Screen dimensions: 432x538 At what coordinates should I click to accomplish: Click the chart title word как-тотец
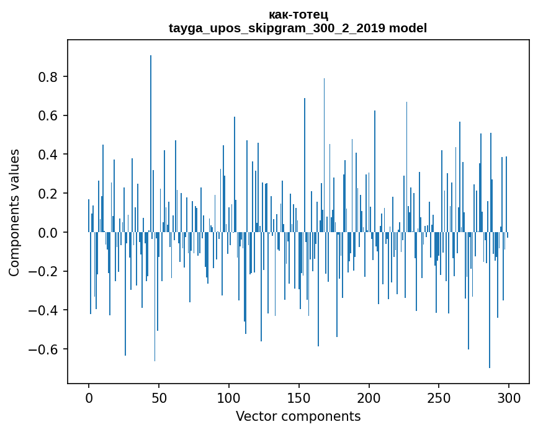point(298,15)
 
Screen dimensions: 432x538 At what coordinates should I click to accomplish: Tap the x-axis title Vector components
point(298,416)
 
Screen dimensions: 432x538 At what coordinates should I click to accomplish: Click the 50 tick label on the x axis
point(159,397)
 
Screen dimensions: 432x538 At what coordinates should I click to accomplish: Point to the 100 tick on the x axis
point(229,397)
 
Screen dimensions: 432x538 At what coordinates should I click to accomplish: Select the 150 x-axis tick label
point(299,397)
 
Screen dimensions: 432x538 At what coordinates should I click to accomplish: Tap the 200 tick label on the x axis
point(369,397)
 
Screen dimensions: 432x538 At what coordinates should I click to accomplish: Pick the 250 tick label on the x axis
point(439,397)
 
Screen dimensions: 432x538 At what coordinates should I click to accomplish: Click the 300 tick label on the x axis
point(509,397)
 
